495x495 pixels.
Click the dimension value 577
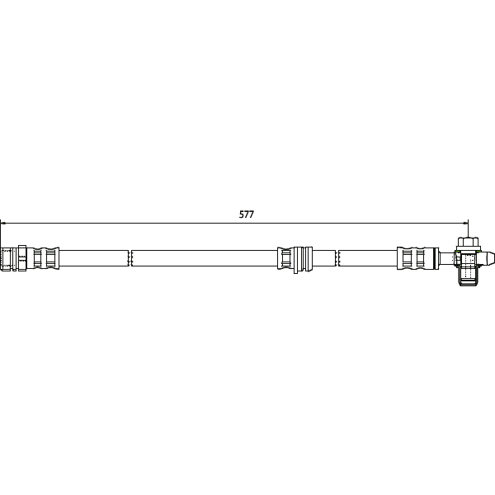click(246, 214)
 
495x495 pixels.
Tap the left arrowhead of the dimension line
click(3, 222)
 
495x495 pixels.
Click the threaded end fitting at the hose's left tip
click(7, 257)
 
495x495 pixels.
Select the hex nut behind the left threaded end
click(21, 257)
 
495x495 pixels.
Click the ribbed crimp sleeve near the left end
click(45, 257)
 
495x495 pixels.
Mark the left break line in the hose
click(130, 257)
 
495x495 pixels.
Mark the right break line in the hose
click(337, 257)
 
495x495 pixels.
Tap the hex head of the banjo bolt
click(468, 243)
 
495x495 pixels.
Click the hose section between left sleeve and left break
click(95, 257)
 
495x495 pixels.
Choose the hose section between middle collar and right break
click(323, 257)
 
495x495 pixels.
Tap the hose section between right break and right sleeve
click(368, 257)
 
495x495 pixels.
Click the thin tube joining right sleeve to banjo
click(445, 257)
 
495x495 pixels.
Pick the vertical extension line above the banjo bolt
click(468, 229)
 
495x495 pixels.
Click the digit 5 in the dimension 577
click(241, 214)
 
